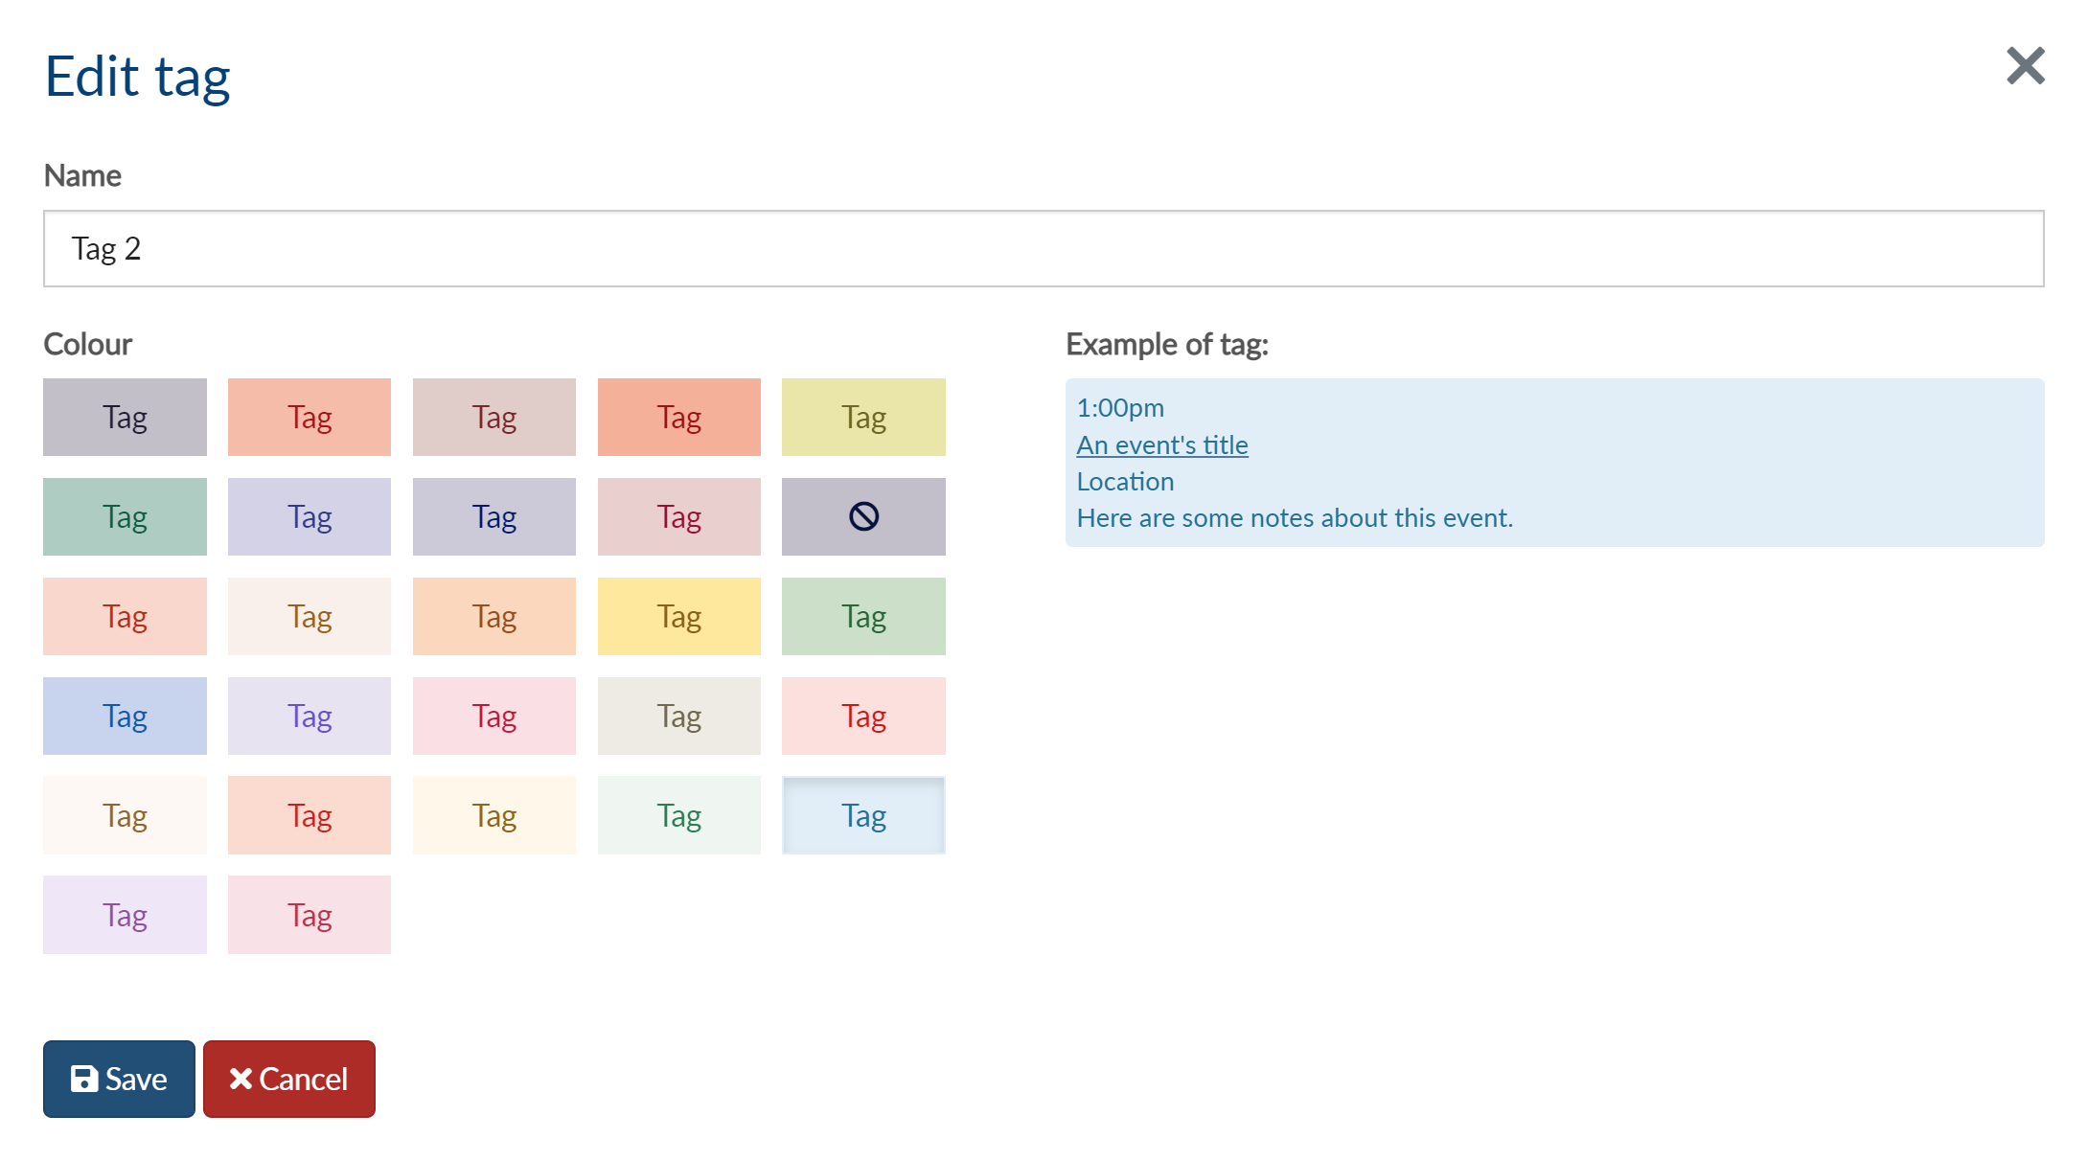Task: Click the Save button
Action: tap(119, 1079)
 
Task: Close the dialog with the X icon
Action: tap(2026, 66)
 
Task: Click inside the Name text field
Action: tap(1044, 248)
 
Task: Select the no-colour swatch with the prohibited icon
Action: tap(863, 516)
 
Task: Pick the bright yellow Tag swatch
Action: tap(679, 616)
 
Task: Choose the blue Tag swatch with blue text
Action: tap(125, 716)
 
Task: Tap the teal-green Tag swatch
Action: tap(125, 516)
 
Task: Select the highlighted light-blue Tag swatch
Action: tap(863, 815)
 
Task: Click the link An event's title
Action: tap(1162, 444)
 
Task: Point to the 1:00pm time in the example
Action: tap(1120, 408)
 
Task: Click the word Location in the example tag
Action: tap(1125, 481)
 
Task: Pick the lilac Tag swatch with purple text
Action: tap(125, 915)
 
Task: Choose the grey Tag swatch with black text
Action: tap(125, 417)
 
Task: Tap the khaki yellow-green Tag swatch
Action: tap(863, 417)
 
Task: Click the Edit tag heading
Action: tap(137, 77)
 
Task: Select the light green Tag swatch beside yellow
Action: tap(863, 616)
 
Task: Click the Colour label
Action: tap(87, 344)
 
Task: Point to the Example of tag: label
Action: tap(1167, 344)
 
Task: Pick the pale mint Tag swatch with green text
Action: tap(679, 815)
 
